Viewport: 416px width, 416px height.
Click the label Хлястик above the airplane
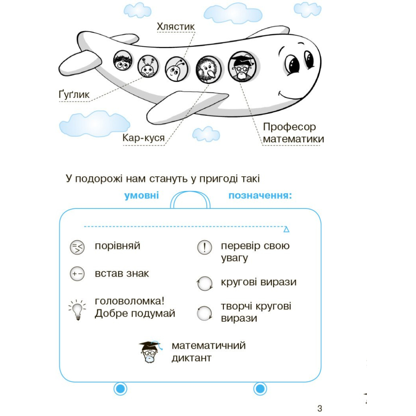[176, 27]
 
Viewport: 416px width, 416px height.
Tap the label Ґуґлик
[74, 95]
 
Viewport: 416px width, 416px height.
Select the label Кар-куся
[144, 139]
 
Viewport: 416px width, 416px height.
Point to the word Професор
[289, 127]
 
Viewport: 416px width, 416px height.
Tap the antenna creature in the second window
[147, 67]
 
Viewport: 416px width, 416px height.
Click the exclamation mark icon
[204, 247]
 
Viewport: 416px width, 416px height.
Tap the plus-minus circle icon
[77, 274]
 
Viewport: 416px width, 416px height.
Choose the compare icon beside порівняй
[77, 247]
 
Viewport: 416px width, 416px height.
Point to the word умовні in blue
[141, 195]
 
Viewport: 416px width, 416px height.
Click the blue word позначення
[260, 195]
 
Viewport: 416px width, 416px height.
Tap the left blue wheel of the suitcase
[120, 389]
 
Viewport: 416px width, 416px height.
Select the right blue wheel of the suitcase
[260, 389]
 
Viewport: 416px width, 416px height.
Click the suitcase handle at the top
[190, 199]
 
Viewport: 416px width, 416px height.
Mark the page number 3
[320, 408]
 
